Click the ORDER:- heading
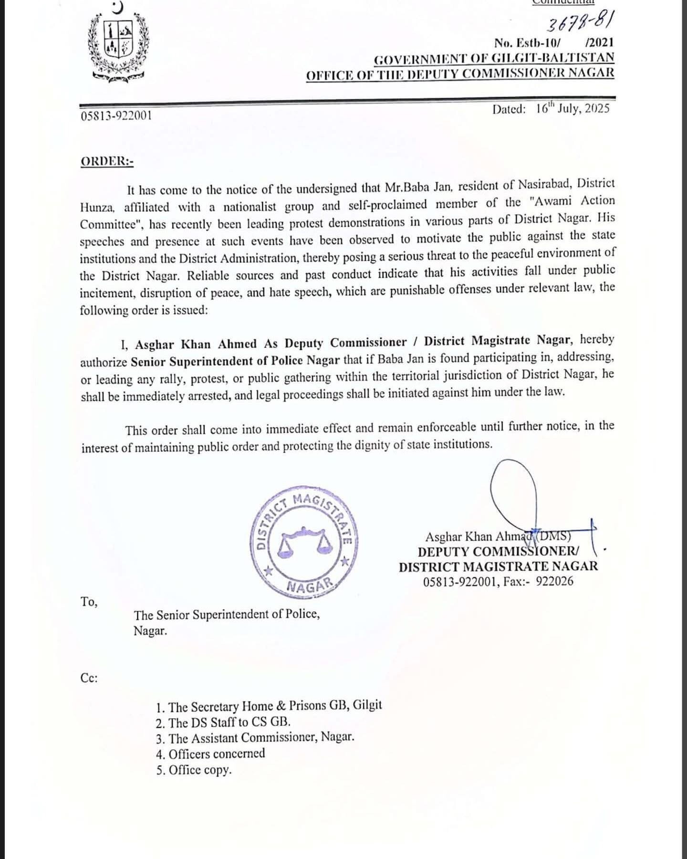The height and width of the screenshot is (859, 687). tap(107, 161)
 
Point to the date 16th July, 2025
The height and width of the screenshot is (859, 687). tap(572, 108)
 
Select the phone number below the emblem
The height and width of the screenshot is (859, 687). tap(116, 115)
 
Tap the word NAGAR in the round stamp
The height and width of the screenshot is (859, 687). tap(309, 587)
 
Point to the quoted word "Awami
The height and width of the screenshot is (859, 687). tap(552, 201)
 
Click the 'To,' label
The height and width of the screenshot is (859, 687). tap(89, 602)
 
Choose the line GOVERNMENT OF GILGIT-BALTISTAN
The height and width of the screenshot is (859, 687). tap(494, 59)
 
